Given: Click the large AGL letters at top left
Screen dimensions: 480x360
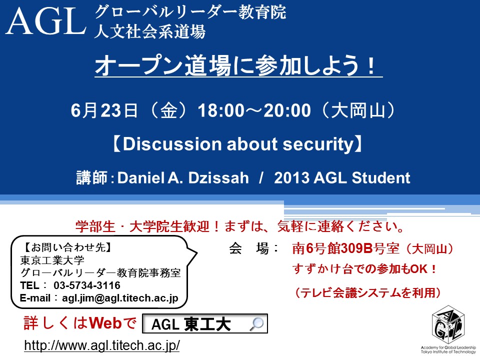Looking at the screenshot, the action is [45, 21].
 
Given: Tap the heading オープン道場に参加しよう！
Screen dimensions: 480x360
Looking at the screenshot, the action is [235, 65].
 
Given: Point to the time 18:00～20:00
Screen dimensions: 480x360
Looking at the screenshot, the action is [254, 110].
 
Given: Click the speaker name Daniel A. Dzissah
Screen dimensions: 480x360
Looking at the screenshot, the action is [183, 178].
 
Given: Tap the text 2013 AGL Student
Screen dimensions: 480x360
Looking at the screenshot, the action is [342, 178].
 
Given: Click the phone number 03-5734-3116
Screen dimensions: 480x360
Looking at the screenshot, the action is [87, 285].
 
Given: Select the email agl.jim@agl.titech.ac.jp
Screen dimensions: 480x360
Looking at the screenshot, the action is [120, 298].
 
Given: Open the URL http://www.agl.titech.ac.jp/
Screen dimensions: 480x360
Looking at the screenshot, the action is [102, 345].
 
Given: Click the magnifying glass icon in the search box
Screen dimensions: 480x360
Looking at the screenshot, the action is [256, 324].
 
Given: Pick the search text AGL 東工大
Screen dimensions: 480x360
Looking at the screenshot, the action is [191, 324].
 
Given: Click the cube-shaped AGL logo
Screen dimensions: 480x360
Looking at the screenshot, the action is [447, 324].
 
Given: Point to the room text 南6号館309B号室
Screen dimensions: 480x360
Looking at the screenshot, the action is [346, 248].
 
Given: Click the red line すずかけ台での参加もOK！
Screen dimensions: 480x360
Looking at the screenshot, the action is [364, 269].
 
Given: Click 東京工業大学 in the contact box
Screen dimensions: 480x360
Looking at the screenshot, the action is [52, 260].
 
